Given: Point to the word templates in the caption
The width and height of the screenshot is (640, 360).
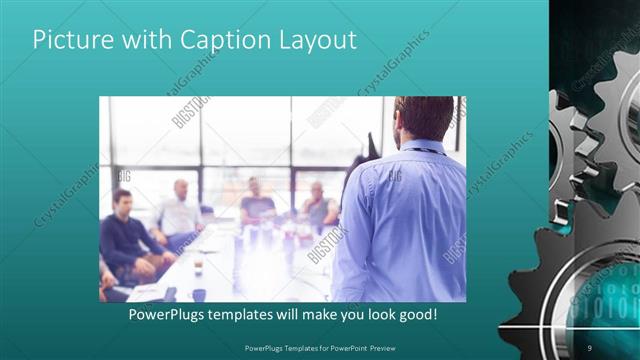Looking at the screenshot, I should tap(252, 315).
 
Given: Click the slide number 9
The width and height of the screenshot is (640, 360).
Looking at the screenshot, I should tap(590, 347).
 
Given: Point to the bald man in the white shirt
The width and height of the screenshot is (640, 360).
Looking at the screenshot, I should tap(180, 210).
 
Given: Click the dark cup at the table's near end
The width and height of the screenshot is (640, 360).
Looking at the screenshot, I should tap(199, 295).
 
